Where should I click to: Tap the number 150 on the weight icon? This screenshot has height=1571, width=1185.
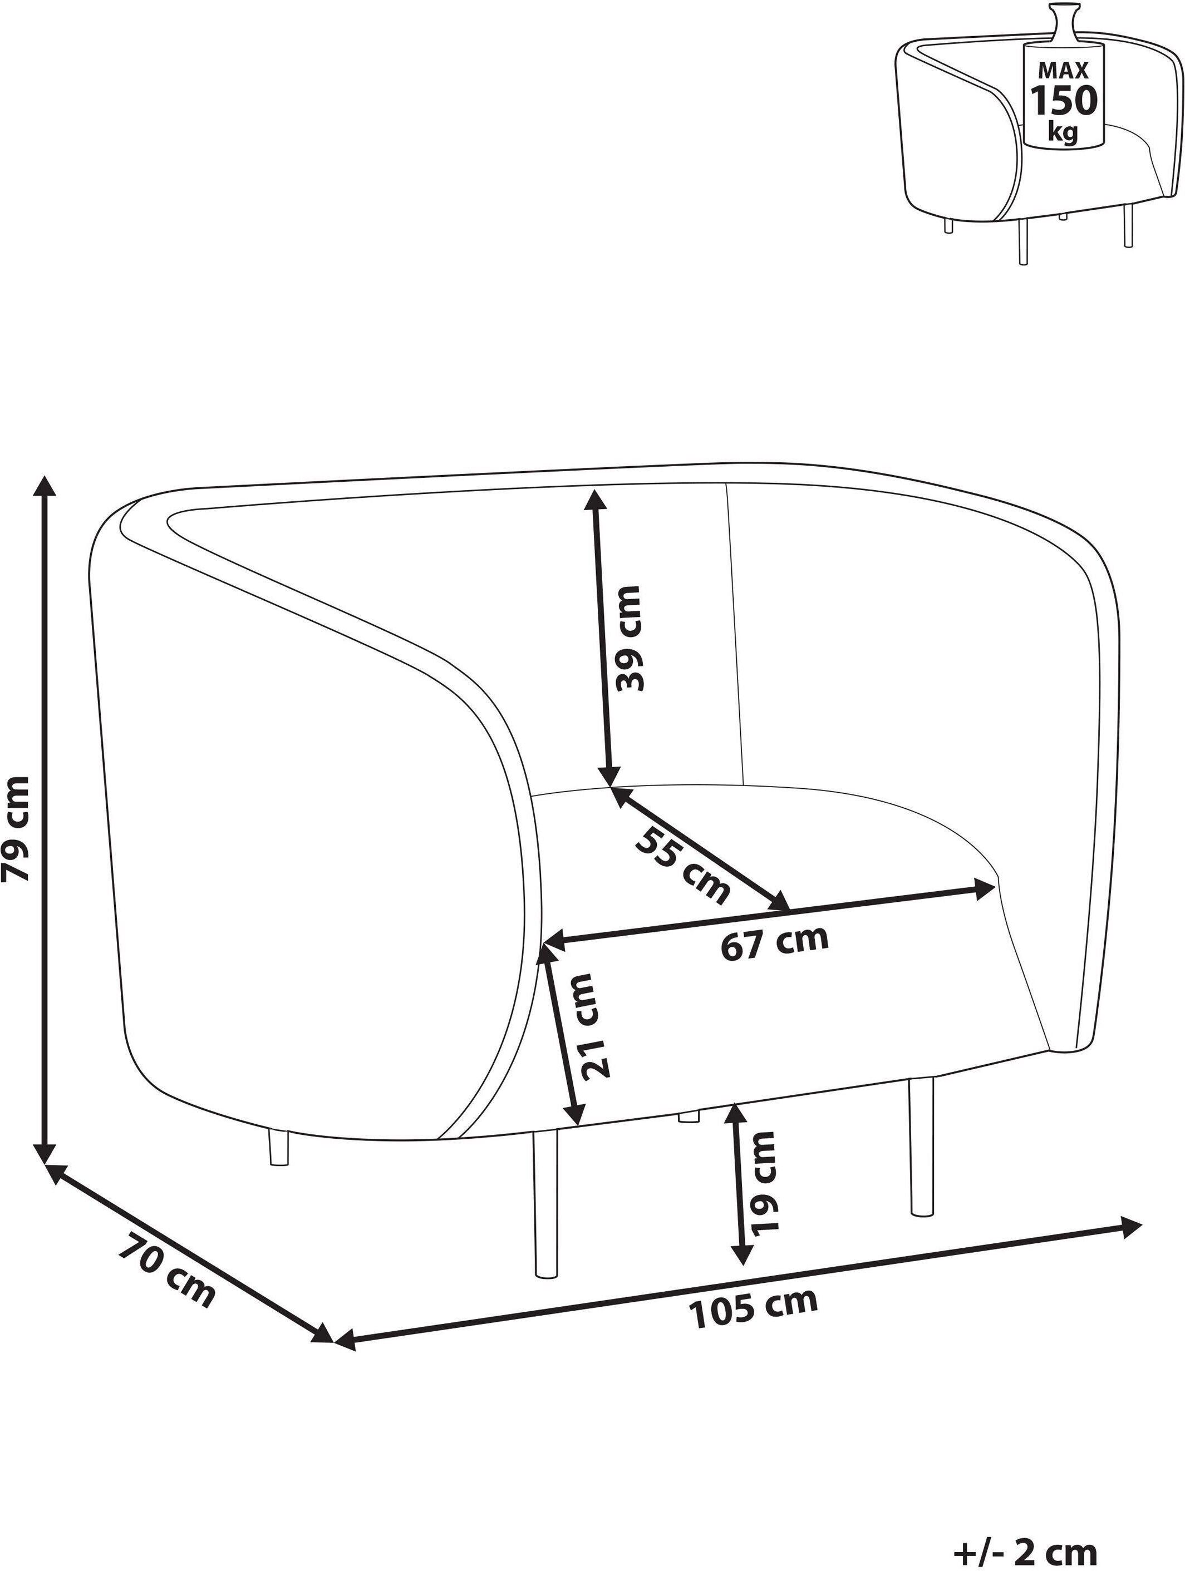coord(1064,101)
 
